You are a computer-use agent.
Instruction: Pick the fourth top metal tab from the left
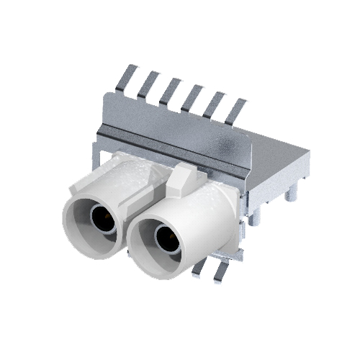(192, 94)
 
